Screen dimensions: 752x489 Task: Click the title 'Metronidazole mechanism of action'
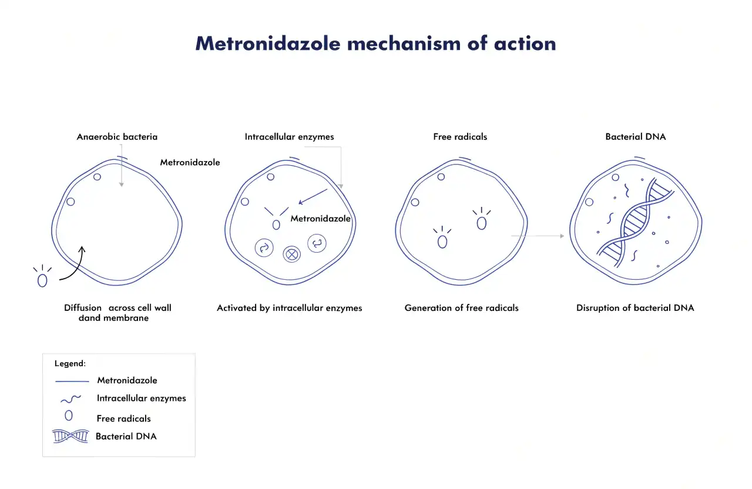[x=375, y=43]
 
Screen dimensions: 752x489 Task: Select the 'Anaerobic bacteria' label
[x=117, y=137]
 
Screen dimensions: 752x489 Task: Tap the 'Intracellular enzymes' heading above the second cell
[x=289, y=137]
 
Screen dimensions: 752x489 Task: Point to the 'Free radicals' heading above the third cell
[x=460, y=137]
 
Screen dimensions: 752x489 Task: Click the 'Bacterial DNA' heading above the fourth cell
[x=636, y=137]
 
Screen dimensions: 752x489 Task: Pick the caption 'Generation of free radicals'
[x=461, y=307]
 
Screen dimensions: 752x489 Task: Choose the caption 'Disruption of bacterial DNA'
[x=635, y=307]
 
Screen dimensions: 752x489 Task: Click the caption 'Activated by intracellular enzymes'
[x=289, y=308]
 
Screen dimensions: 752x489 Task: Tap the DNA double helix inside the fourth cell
[x=635, y=222]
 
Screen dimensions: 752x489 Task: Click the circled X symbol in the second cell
[x=291, y=254]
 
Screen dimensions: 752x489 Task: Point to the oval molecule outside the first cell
[x=42, y=280]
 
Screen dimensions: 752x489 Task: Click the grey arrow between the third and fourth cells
[x=537, y=236]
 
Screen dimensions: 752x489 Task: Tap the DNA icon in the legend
[x=70, y=436]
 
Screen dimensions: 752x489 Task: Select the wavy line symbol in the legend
[x=71, y=399]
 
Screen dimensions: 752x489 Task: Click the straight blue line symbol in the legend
[x=72, y=381]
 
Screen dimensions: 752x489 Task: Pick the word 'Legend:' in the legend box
[x=70, y=363]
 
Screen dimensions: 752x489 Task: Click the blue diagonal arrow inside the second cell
[x=313, y=196]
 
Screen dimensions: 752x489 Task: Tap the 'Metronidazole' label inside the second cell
[x=320, y=219]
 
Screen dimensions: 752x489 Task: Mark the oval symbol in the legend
[x=69, y=416]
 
